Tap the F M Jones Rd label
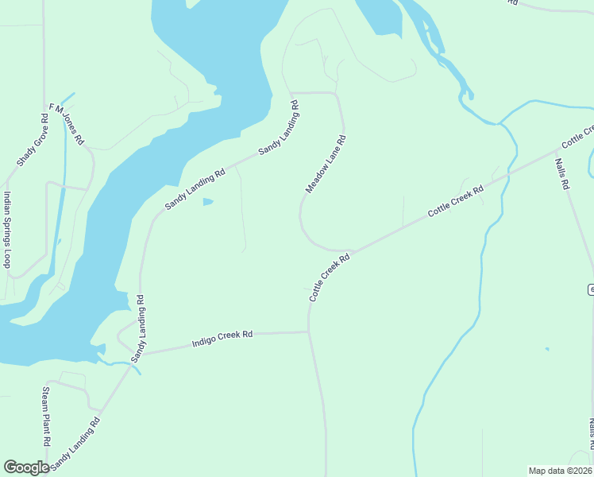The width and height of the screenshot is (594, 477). tap(67, 123)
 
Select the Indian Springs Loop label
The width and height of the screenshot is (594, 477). tap(8, 230)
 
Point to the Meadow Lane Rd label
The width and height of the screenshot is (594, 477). tap(326, 164)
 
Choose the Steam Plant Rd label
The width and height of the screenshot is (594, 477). tap(46, 415)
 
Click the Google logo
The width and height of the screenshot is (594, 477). tap(26, 467)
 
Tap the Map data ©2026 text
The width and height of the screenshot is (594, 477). tap(560, 471)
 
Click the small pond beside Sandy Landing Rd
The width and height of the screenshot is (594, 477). tap(208, 202)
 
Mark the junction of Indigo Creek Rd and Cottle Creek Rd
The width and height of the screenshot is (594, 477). tap(308, 332)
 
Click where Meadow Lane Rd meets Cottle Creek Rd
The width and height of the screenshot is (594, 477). tap(348, 250)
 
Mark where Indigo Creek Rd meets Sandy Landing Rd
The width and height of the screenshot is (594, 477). tap(141, 354)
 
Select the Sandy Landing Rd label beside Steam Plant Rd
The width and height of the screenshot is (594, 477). tap(76, 444)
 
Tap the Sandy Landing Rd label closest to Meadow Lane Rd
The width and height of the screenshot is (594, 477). tap(278, 127)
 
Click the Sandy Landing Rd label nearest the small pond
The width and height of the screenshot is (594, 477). tap(194, 188)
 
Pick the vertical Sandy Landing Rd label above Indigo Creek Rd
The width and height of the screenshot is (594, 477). tap(139, 328)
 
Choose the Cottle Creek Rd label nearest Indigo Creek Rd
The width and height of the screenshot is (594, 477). tap(330, 277)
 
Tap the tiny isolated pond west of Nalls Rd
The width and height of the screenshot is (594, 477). tap(546, 348)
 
